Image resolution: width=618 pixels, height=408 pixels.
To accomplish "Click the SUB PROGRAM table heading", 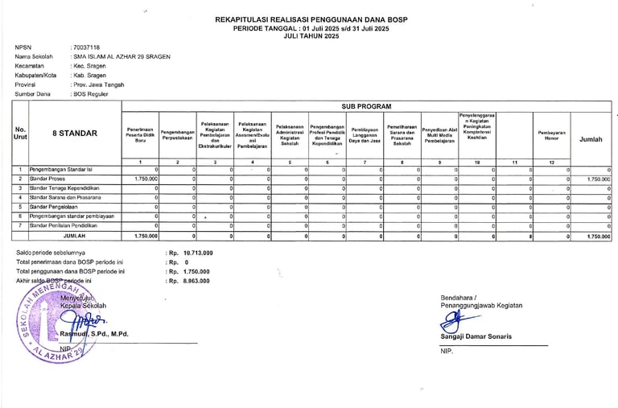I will [x=366, y=106].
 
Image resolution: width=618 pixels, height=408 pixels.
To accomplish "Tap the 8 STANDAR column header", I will [x=75, y=134].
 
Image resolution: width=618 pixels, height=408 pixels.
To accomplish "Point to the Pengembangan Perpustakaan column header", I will [x=178, y=134].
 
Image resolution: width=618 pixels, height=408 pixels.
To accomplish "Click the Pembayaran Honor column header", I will [x=551, y=134].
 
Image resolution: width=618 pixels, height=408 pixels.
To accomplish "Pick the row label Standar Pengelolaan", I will [x=53, y=207].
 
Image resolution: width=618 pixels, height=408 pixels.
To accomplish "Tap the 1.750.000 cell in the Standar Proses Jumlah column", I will [x=599, y=179].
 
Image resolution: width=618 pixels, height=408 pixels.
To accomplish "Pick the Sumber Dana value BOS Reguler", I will [x=91, y=94].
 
